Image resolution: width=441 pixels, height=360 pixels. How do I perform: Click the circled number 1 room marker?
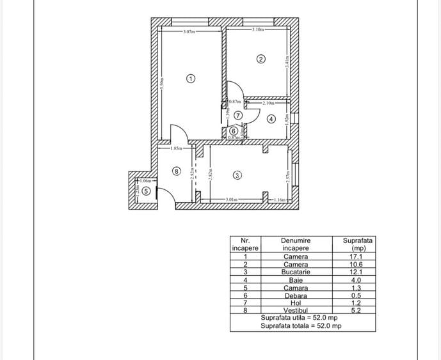pyautogui.click(x=190, y=79)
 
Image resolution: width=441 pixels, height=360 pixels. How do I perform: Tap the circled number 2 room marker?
pyautogui.click(x=261, y=59)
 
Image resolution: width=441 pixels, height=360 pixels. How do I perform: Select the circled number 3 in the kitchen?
pyautogui.click(x=237, y=175)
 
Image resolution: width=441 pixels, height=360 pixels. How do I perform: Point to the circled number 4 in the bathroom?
pyautogui.click(x=271, y=118)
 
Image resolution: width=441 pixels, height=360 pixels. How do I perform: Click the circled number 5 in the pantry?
pyautogui.click(x=146, y=191)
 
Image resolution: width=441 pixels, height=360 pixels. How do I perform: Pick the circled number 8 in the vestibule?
pyautogui.click(x=176, y=171)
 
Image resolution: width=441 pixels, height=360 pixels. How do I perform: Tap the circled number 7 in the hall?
pyautogui.click(x=237, y=116)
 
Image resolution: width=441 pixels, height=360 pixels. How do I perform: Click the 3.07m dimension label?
pyautogui.click(x=188, y=31)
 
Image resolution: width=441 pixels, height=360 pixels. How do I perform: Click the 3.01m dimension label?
pyautogui.click(x=232, y=200)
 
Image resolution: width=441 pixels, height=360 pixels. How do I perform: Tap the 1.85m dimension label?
pyautogui.click(x=176, y=148)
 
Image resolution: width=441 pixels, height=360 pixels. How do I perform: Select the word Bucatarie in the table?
pyautogui.click(x=296, y=272)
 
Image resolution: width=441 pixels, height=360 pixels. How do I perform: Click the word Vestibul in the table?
pyautogui.click(x=296, y=310)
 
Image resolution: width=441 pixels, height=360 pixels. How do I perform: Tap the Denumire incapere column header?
pyautogui.click(x=295, y=244)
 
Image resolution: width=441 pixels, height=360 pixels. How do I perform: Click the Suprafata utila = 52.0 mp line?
pyautogui.click(x=299, y=318)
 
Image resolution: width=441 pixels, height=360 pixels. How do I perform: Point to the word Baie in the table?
pyautogui.click(x=296, y=279)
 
